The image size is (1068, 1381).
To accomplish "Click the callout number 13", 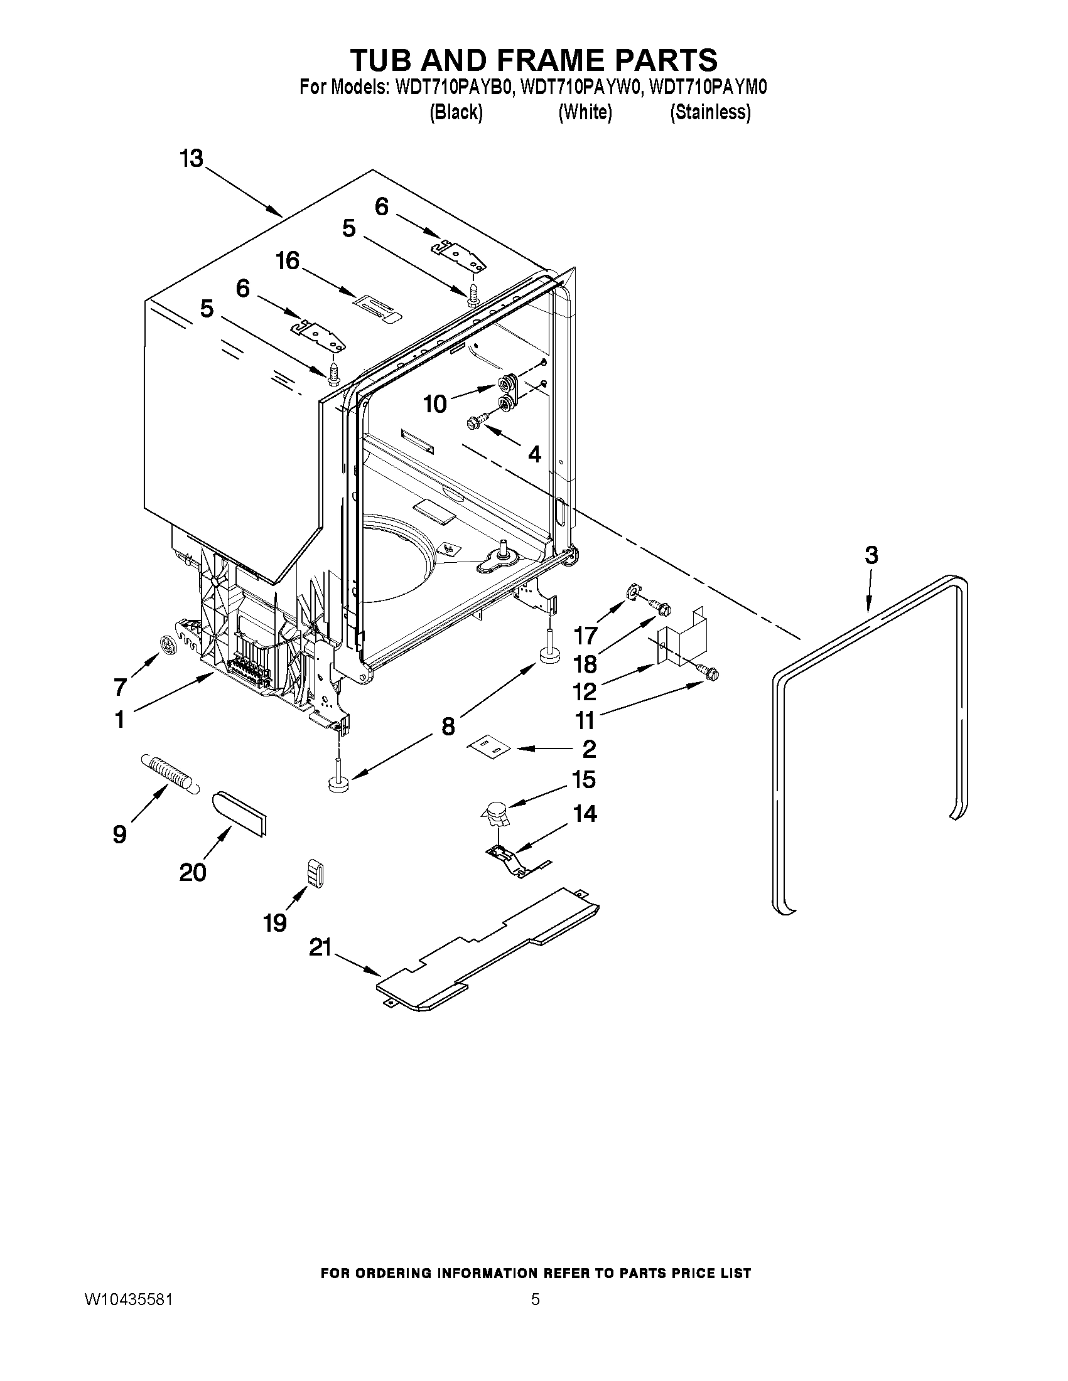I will click(191, 158).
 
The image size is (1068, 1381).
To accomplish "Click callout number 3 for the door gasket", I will click(871, 555).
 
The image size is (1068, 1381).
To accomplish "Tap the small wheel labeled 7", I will click(168, 645).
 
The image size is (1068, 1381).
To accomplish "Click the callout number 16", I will click(289, 260).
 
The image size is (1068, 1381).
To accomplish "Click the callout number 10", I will click(435, 403).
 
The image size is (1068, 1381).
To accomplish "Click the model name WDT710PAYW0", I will click(580, 87).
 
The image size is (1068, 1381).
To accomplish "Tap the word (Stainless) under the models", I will click(711, 112).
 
